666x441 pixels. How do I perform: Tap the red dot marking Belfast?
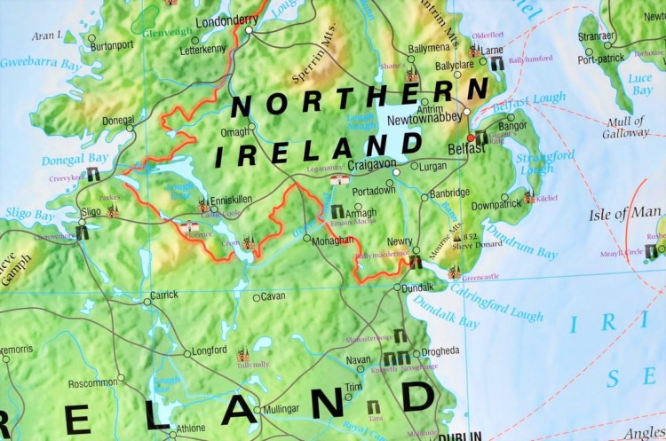click(471, 138)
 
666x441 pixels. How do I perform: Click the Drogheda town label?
click(440, 350)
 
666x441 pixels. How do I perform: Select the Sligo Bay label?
click(28, 215)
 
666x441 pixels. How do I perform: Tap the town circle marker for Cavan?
click(257, 297)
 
